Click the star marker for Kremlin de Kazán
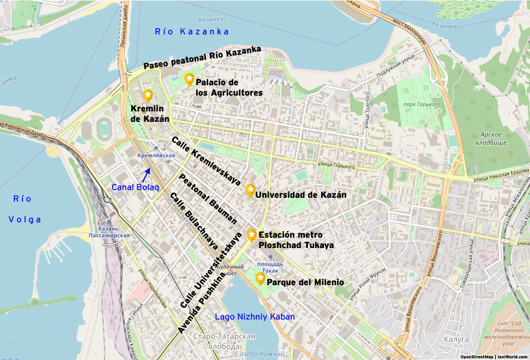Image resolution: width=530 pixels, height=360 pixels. [148, 95]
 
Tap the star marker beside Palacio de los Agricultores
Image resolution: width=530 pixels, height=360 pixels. [189, 79]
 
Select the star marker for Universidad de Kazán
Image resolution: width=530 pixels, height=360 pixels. [250, 190]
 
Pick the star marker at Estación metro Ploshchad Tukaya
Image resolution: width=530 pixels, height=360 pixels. [251, 234]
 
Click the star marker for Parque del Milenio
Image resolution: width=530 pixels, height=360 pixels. [260, 278]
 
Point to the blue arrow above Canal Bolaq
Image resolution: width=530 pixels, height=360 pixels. [146, 174]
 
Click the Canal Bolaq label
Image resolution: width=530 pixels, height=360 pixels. [135, 187]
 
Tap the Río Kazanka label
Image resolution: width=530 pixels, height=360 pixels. [191, 32]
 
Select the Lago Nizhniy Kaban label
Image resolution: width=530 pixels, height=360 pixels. [255, 317]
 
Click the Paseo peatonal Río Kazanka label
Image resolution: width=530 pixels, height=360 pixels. [202, 58]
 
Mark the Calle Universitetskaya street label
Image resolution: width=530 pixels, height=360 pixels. [210, 270]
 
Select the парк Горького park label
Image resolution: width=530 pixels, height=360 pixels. [421, 104]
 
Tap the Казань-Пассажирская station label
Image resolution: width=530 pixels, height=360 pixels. [109, 232]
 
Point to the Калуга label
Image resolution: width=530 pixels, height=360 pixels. [458, 339]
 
